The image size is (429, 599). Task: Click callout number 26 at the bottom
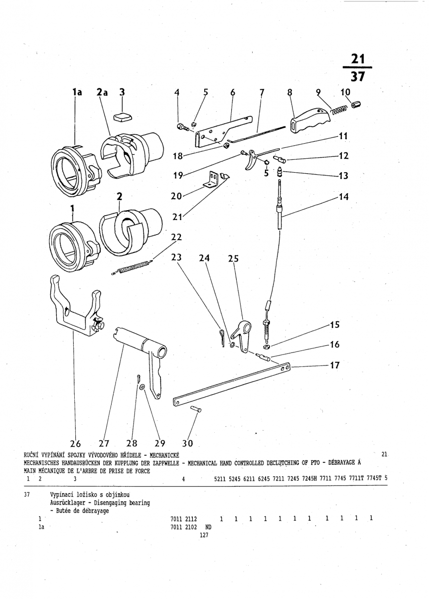coord(76,443)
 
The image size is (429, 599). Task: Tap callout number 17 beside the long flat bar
coord(335,365)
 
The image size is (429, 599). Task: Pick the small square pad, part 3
coord(122,117)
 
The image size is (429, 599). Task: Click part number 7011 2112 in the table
coord(184,518)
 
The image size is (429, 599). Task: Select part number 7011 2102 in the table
coord(184,527)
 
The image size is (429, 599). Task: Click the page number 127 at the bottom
coord(203,535)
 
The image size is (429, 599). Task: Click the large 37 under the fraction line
coord(358,76)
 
